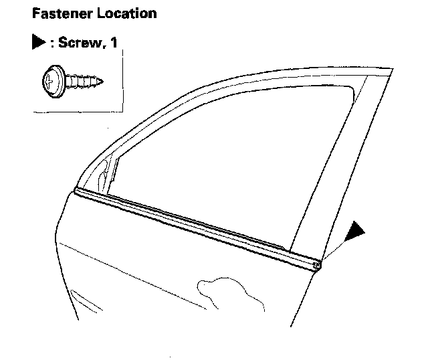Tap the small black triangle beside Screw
(x=36, y=43)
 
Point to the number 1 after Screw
(x=115, y=43)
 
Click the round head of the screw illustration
(x=51, y=82)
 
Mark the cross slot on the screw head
(x=47, y=82)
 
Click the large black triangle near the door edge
(x=354, y=232)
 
